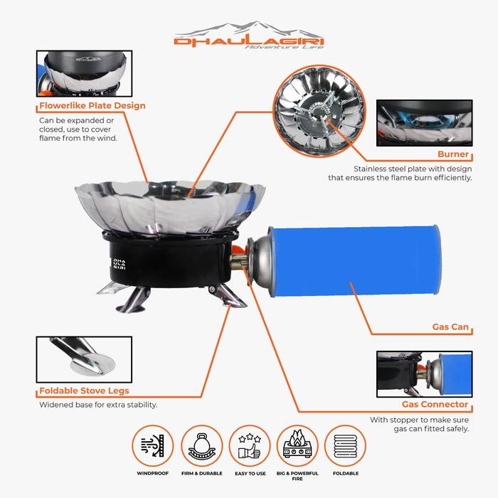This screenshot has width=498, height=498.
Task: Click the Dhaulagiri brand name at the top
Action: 249,42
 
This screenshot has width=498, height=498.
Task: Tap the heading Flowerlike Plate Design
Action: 92,105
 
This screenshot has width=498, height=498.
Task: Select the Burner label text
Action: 453,154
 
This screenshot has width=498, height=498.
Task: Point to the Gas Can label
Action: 450,327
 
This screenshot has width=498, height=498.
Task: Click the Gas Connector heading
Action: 435,404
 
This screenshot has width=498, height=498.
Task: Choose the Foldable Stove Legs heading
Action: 84,391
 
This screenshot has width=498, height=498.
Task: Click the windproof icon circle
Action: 153,446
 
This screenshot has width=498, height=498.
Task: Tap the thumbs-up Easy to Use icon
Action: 250,446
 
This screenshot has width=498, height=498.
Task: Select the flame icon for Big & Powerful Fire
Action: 297,446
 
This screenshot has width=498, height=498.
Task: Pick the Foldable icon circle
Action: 346,446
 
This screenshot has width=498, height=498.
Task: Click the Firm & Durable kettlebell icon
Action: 201,446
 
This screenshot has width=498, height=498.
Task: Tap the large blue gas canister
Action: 355,261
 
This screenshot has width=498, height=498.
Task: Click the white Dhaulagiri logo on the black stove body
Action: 120,264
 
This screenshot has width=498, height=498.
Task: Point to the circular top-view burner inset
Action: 319,111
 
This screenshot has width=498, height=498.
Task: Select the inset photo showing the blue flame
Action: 424,123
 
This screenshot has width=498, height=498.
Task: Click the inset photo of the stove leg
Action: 84,359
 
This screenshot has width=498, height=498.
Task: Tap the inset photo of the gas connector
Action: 424,374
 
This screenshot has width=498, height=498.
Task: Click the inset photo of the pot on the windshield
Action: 84,73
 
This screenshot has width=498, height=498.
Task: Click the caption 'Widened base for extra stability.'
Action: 98,405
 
